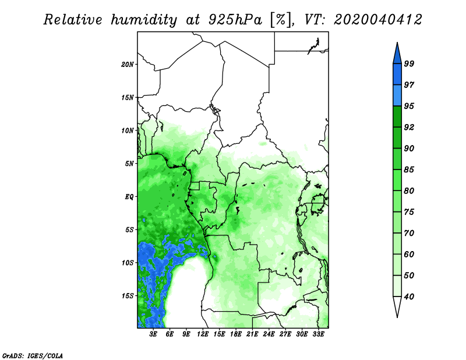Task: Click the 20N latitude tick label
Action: coord(128,64)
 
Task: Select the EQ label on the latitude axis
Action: coord(129,196)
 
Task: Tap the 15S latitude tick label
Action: coord(128,296)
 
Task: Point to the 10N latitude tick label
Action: coord(128,130)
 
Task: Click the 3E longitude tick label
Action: coord(153,334)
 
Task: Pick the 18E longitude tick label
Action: coord(236,334)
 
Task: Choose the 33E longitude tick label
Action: coord(318,334)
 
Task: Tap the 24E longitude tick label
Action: coord(269,334)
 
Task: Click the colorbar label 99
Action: coord(409,63)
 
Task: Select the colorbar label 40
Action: coord(409,297)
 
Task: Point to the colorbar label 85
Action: coord(409,170)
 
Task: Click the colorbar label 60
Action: coord(409,254)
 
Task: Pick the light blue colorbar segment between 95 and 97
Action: coord(397,96)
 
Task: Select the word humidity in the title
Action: coord(144,20)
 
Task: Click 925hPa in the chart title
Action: coord(235,20)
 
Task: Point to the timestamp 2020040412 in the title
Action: coord(377,20)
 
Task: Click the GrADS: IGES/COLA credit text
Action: coord(33,355)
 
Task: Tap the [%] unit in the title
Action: coord(281,20)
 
